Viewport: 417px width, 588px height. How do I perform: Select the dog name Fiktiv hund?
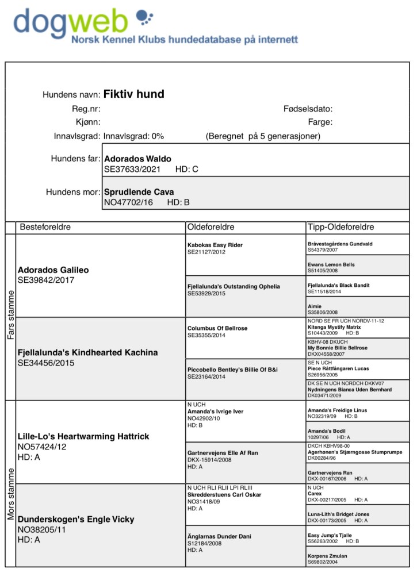point(134,94)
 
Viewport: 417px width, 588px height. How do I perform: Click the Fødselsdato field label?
point(308,109)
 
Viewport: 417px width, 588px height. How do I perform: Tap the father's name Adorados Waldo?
point(137,159)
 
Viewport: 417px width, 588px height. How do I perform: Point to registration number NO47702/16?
point(128,202)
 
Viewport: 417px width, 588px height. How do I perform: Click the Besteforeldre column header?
point(45,227)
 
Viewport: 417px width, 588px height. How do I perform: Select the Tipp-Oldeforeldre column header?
point(341,227)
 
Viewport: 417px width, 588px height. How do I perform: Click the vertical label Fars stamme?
point(11,314)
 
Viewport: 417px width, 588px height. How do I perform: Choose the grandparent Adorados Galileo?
point(53,270)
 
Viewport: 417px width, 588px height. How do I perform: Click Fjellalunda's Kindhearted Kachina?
point(88,352)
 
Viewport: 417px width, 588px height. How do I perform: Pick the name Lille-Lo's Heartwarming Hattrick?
point(83,436)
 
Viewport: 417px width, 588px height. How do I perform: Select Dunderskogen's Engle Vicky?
point(76,519)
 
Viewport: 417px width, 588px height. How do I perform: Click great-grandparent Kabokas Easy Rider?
point(215,245)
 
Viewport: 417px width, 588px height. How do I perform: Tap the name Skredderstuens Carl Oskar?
point(224,494)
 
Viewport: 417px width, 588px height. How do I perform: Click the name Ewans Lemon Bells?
point(331,264)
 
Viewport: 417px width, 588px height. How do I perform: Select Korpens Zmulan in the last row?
point(327,556)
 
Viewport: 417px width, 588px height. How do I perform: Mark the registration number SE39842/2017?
point(46,280)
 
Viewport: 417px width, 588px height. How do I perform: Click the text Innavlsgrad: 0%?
point(133,136)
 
